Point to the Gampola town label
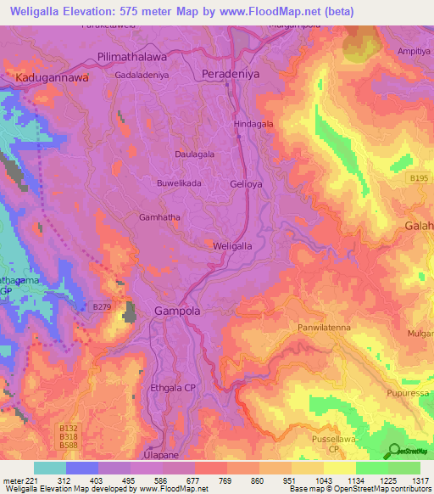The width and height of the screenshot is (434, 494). click(x=177, y=312)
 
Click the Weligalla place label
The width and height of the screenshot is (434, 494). click(x=232, y=245)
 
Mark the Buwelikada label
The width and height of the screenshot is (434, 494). click(x=179, y=182)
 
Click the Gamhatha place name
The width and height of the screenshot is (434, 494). click(x=159, y=217)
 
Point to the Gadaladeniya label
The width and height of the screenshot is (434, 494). click(x=143, y=74)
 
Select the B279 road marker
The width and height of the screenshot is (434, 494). click(x=102, y=306)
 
